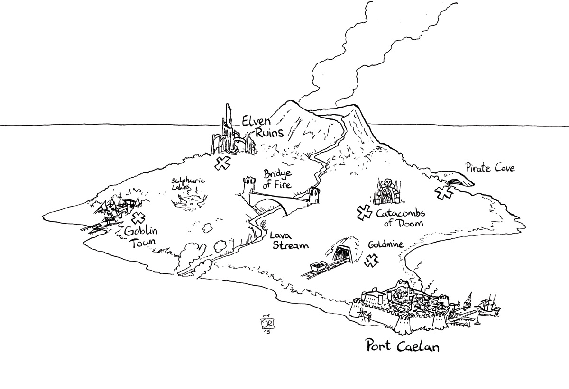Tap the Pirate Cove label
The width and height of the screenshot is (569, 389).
(490, 168)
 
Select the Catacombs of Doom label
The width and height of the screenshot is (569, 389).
(400, 218)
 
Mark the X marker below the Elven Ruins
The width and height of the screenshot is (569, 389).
(221, 164)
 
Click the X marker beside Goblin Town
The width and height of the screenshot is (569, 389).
(138, 218)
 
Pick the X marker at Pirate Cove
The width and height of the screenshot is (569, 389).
(444, 192)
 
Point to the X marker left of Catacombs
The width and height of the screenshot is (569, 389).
(364, 213)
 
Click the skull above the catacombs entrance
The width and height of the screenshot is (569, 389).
(387, 182)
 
